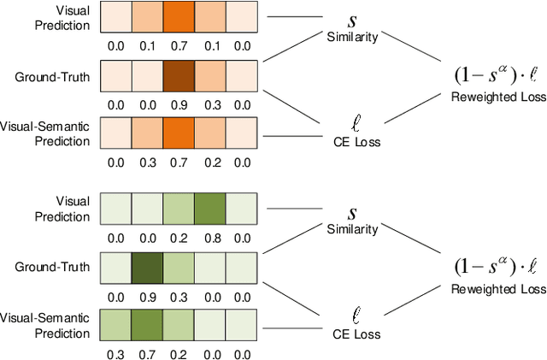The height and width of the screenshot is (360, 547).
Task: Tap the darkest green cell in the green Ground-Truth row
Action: tap(148, 268)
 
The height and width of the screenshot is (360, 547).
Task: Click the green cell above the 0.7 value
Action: tap(148, 325)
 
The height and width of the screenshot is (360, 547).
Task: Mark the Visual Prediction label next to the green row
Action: tap(69, 210)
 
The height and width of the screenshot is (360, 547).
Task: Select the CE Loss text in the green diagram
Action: tap(351, 333)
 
